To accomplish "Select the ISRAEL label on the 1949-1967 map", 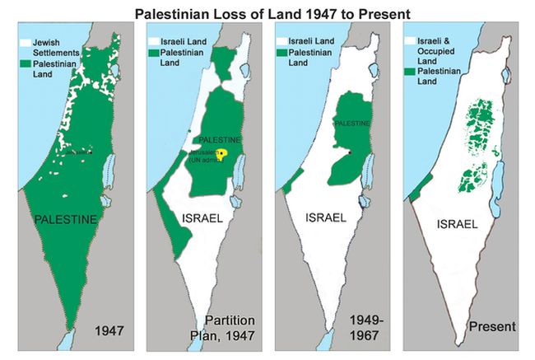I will click(x=325, y=218).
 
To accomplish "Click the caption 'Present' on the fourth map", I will click(x=491, y=327).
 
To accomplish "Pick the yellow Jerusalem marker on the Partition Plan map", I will click(x=221, y=153).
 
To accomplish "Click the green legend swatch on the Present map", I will click(x=412, y=72).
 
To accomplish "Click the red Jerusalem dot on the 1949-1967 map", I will click(x=350, y=152).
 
